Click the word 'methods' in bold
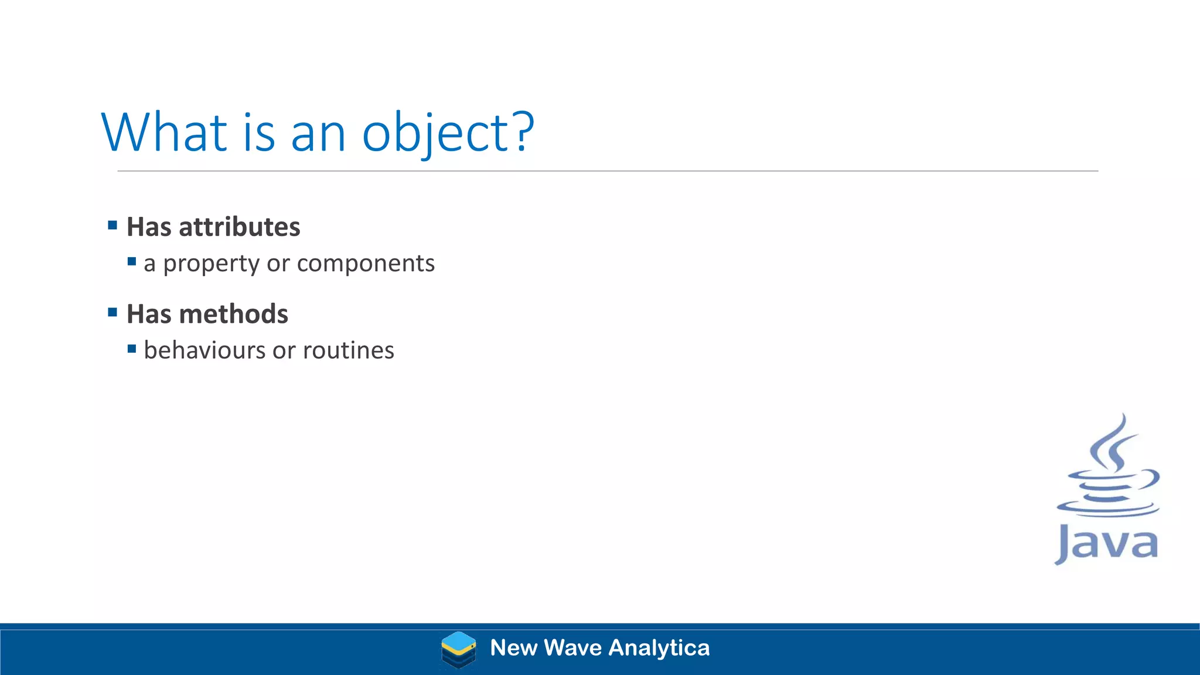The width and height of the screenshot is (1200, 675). pos(233,314)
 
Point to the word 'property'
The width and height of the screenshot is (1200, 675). pos(211,264)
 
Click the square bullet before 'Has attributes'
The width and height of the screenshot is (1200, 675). pos(112,225)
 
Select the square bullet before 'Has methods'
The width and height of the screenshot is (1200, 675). pos(112,312)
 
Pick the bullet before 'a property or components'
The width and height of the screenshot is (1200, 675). pos(132,261)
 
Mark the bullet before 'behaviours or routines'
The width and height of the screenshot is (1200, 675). pos(132,349)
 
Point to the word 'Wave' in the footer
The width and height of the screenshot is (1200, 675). pos(572,648)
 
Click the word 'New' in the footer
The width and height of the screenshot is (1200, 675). pos(513,648)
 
